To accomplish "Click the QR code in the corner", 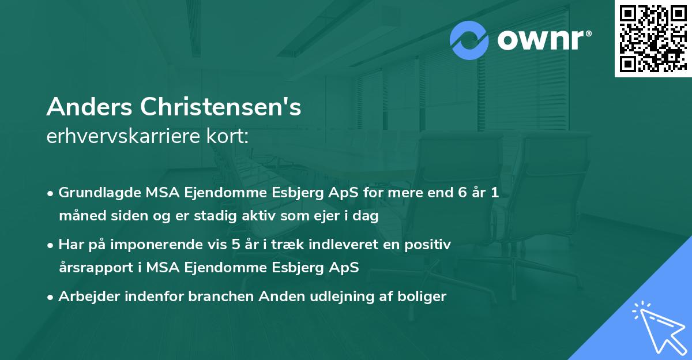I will pyautogui.click(x=653, y=39).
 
